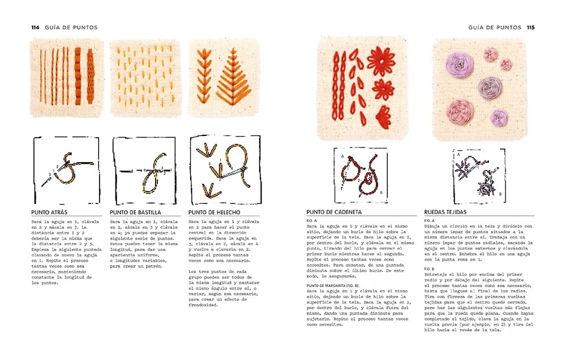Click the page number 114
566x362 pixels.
click(x=35, y=27)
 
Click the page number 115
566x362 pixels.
click(x=530, y=27)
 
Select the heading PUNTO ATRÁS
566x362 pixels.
click(x=49, y=212)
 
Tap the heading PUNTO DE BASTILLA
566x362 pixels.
click(x=135, y=212)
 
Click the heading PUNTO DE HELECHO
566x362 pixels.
click(x=214, y=212)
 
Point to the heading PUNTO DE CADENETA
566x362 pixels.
click(x=334, y=212)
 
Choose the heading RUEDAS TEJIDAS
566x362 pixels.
click(x=445, y=212)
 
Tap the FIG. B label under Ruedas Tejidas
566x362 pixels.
click(x=429, y=269)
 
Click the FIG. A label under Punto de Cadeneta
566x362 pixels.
click(x=311, y=220)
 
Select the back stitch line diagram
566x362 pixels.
click(x=66, y=170)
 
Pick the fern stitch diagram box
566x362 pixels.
click(x=225, y=170)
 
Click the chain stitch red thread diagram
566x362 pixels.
click(x=361, y=175)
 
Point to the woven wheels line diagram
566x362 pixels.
click(x=479, y=176)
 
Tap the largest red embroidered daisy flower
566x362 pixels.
click(x=381, y=61)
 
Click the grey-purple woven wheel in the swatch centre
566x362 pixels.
click(x=490, y=88)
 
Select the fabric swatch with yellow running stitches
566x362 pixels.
click(x=145, y=78)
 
